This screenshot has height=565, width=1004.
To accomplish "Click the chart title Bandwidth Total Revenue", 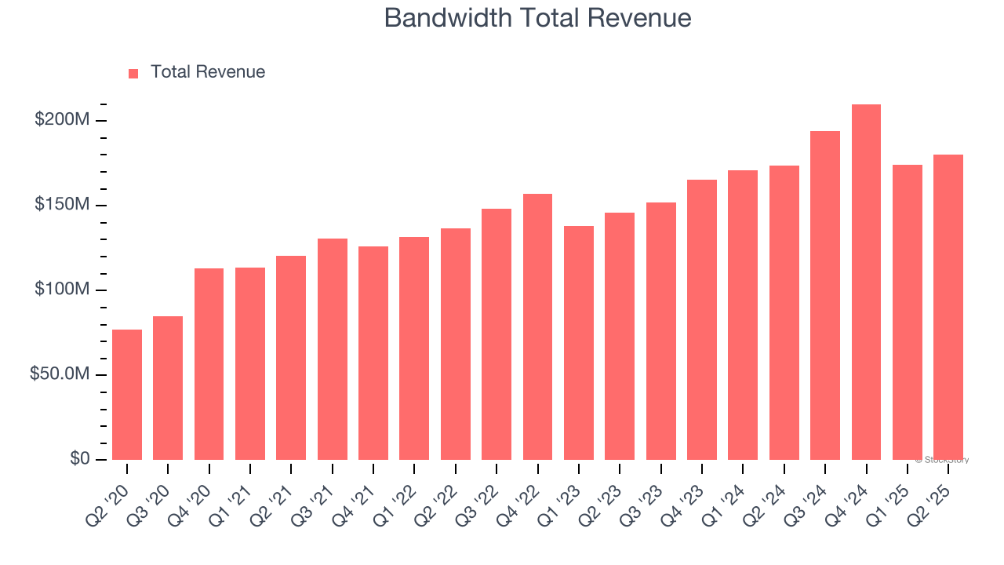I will [537, 18].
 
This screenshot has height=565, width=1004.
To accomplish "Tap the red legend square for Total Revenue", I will [133, 73].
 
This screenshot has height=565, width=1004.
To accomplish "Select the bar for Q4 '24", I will [866, 282].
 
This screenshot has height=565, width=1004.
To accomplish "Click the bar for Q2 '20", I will [127, 394].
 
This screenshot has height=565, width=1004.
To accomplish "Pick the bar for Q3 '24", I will [825, 295].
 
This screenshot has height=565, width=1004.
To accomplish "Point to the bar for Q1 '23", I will [579, 342].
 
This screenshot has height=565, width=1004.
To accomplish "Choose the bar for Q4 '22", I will [537, 326].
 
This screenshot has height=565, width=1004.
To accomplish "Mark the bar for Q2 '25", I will [948, 307].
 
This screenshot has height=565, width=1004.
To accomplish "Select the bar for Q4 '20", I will [209, 363].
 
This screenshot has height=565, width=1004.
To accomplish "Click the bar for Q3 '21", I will [333, 348].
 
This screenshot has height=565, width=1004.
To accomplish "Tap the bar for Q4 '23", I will [702, 319].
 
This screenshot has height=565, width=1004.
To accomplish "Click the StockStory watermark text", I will [942, 460].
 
